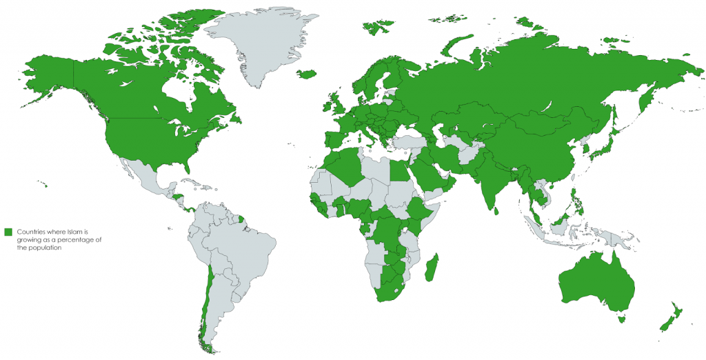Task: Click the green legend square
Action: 8,231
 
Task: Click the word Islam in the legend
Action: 81,231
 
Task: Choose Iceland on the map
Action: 307,73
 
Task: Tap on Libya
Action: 376,169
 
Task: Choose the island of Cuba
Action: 195,182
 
